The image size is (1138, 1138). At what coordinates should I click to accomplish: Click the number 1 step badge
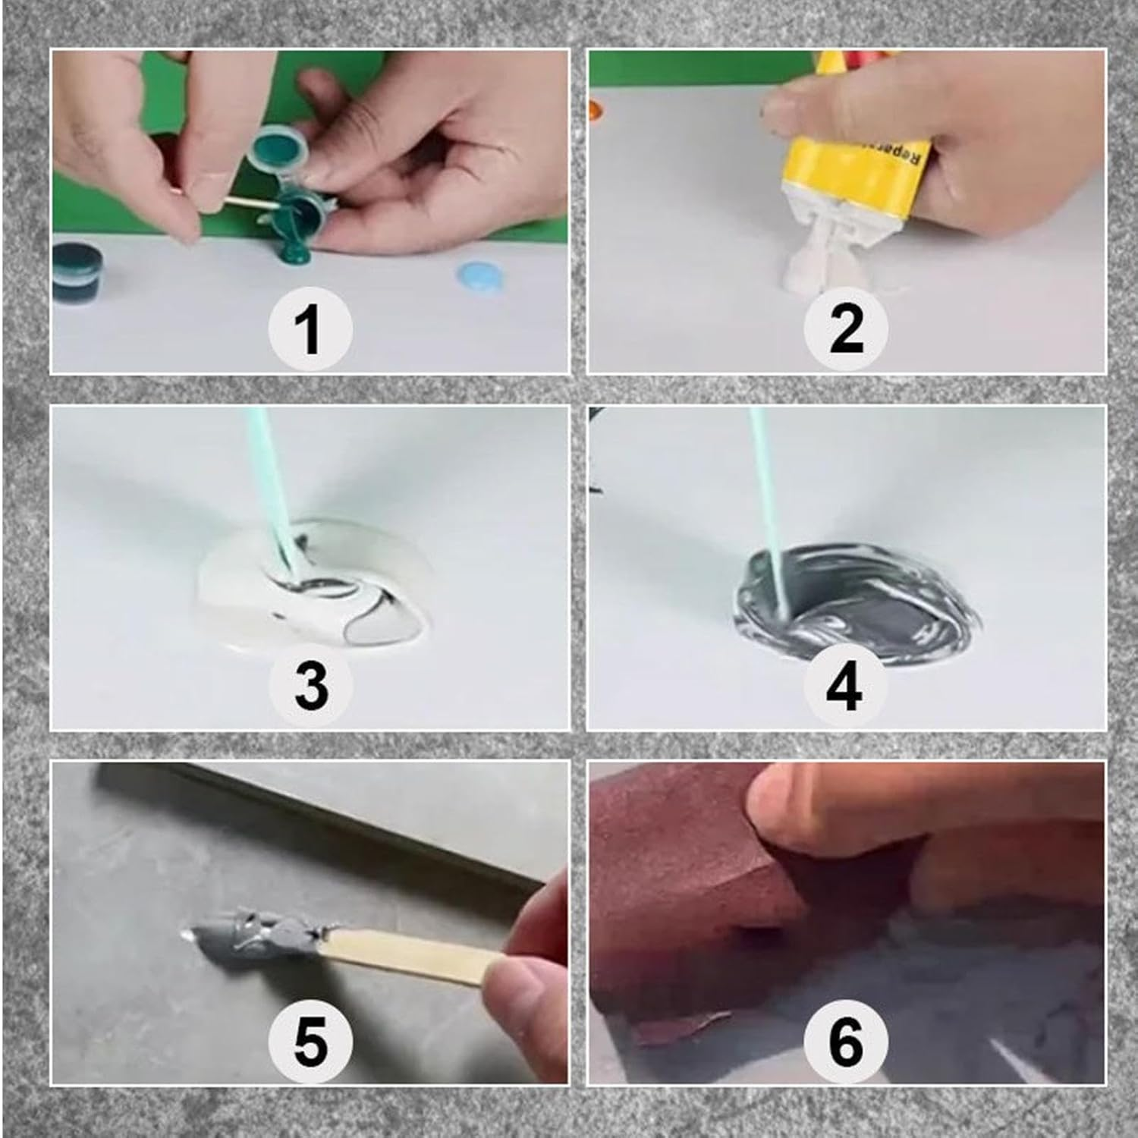(310, 329)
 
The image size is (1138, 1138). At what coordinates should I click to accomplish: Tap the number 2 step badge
(845, 329)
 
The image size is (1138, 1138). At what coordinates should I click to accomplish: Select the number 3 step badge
(310, 685)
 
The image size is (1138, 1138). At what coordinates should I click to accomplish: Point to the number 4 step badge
(845, 685)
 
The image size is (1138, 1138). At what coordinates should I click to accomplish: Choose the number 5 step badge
(310, 1041)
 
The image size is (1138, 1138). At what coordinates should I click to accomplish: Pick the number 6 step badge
(845, 1041)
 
